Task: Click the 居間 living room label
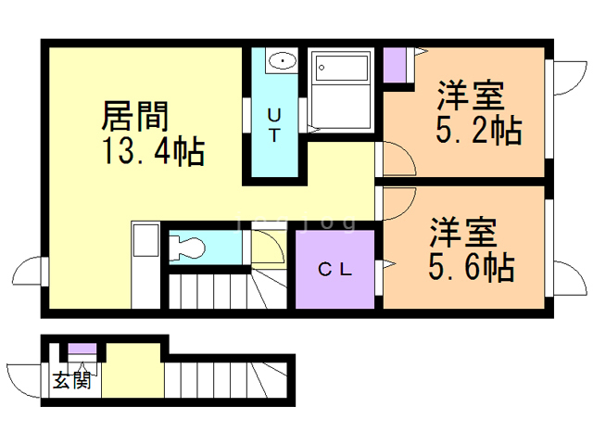click(134, 116)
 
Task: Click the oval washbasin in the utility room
click(281, 62)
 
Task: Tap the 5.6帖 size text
click(471, 267)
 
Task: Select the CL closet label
click(334, 270)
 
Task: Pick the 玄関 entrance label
click(71, 380)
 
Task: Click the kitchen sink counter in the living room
click(145, 264)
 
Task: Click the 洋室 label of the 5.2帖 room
click(470, 96)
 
